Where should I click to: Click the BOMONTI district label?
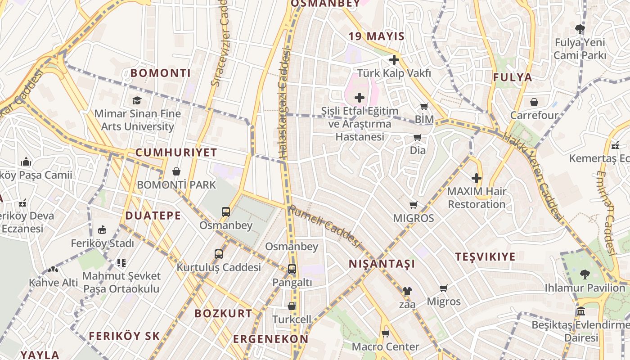[161, 73]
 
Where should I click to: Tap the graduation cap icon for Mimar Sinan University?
[137, 100]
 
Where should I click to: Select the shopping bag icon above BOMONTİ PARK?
[176, 171]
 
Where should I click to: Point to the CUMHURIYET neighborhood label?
[176, 153]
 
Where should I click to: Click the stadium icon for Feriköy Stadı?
[102, 230]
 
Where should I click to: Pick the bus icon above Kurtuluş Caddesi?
[219, 254]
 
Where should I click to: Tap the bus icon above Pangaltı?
[292, 269]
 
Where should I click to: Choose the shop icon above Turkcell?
[292, 306]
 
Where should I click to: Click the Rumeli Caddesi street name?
[324, 227]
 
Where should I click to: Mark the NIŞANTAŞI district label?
[382, 264]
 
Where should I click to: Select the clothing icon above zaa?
[407, 291]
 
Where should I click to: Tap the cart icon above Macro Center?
[385, 333]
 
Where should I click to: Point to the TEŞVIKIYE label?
[486, 257]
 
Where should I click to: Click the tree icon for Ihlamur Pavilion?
[585, 274]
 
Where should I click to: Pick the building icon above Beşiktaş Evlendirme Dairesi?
[581, 311]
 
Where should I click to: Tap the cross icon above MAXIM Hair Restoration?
[477, 178]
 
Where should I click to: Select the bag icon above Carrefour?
[534, 102]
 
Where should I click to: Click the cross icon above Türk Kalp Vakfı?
[394, 60]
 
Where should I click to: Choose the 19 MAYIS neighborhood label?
[376, 36]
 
